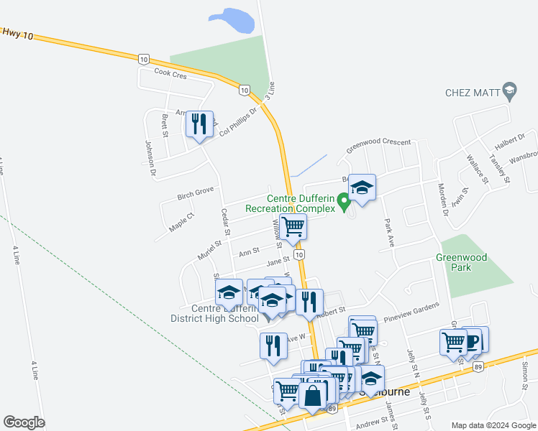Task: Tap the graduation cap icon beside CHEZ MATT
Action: pyautogui.click(x=510, y=91)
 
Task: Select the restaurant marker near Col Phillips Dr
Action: pyautogui.click(x=199, y=124)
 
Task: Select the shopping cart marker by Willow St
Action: pyautogui.click(x=293, y=226)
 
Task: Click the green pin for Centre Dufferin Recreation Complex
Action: pyautogui.click(x=345, y=203)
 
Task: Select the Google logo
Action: pyautogui.click(x=24, y=422)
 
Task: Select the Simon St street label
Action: pyautogui.click(x=525, y=371)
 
